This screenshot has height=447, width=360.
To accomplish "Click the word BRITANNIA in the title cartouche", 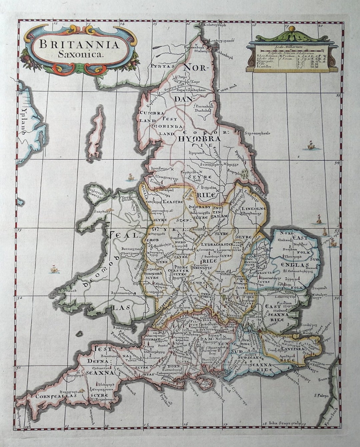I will tap(79, 44).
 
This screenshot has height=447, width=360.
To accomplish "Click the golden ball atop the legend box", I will tap(292, 29).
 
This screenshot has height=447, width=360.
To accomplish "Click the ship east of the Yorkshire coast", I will tap(311, 145).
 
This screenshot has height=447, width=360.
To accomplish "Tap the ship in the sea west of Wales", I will tap(53, 269).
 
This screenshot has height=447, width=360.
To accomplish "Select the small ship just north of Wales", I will tap(131, 177).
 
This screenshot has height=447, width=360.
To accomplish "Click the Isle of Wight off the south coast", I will tap(202, 382).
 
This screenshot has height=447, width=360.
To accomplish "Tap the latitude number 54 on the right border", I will tap(337, 163).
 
